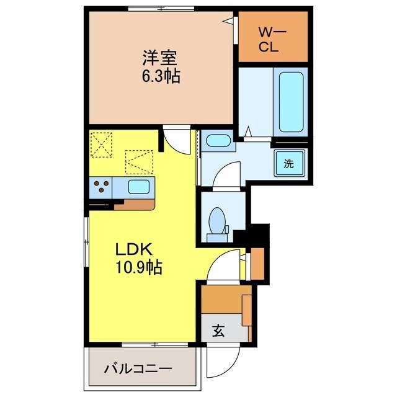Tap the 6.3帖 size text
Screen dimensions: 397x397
[x=160, y=78]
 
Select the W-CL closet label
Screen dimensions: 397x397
[x=273, y=38]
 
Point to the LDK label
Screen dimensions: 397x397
[x=132, y=249]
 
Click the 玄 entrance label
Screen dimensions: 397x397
[x=220, y=331]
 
